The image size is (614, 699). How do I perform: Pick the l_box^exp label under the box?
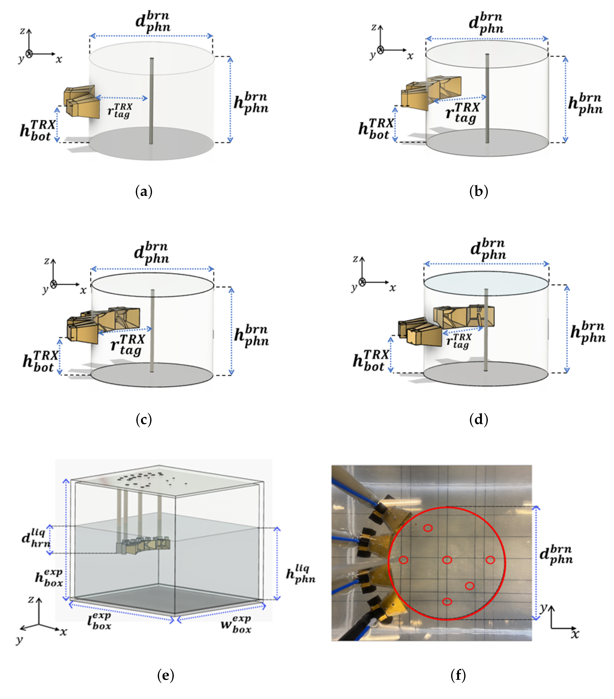pos(99,621)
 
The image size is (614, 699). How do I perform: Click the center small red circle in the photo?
pos(447,560)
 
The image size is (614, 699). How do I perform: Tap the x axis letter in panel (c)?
pos(83,291)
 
